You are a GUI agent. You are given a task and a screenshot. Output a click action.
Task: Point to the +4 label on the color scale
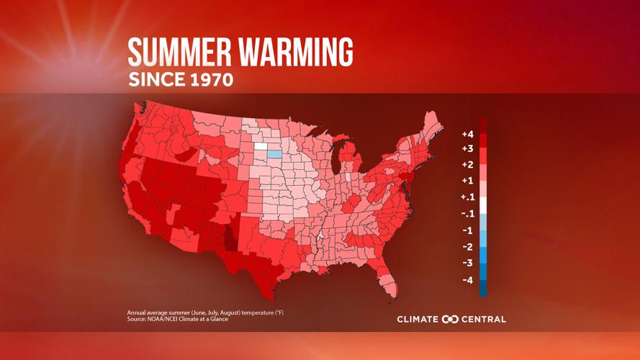467,134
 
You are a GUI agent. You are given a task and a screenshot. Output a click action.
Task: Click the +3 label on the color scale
467,149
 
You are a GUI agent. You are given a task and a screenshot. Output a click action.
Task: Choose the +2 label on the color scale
467,165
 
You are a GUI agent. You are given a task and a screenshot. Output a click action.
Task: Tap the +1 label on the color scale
467,181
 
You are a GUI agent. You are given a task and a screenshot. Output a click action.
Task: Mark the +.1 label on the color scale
467,197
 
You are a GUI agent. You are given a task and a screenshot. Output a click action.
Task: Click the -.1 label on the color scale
467,214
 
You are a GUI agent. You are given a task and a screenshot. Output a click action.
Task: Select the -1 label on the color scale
467,230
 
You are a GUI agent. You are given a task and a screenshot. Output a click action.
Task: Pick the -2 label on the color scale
467,247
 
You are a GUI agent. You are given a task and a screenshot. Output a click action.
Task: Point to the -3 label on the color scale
467,263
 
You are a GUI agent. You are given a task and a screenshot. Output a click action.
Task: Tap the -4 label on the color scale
467,279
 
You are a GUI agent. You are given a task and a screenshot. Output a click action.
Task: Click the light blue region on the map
274,153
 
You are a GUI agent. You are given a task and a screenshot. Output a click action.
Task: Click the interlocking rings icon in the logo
451,319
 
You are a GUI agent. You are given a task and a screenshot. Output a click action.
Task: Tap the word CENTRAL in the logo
484,319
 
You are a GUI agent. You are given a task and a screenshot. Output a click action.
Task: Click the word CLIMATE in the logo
418,319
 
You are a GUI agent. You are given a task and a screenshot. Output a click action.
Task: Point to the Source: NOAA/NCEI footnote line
178,319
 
